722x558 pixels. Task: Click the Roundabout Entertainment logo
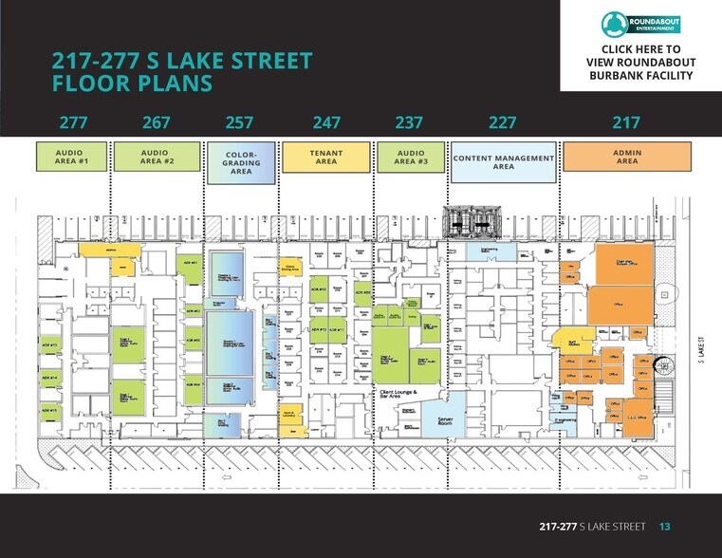tap(640, 24)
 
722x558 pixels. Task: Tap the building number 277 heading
tap(73, 122)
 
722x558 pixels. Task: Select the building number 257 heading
tap(240, 122)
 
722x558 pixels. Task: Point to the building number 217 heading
tap(626, 122)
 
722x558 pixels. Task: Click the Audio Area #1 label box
tap(72, 157)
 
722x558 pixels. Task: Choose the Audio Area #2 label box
tap(157, 157)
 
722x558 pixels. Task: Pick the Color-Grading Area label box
tap(241, 161)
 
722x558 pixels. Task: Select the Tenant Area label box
tap(325, 157)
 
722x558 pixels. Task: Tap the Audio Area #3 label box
tap(410, 157)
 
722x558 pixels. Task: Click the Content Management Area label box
tap(503, 161)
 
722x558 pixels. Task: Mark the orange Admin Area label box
tap(627, 157)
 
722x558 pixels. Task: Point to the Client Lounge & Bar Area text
tap(398, 395)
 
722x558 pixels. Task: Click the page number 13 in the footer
tap(665, 526)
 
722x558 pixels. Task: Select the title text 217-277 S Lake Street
tap(182, 62)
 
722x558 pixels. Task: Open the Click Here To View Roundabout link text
tap(640, 63)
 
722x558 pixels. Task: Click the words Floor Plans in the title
tap(132, 84)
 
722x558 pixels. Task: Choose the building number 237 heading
tap(409, 122)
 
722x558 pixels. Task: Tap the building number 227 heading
tap(502, 122)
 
